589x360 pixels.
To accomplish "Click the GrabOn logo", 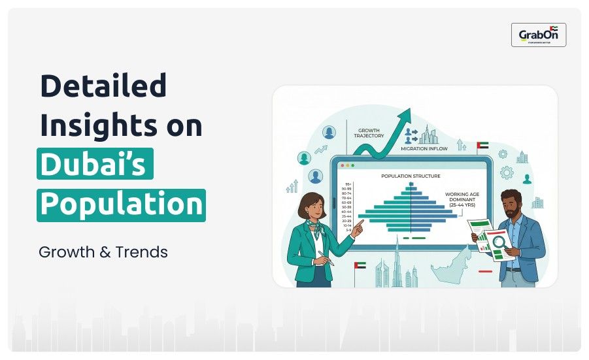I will tap(539, 35).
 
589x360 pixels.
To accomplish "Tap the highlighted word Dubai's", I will tap(95, 165).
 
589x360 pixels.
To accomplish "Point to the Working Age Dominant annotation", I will tap(465, 199).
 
